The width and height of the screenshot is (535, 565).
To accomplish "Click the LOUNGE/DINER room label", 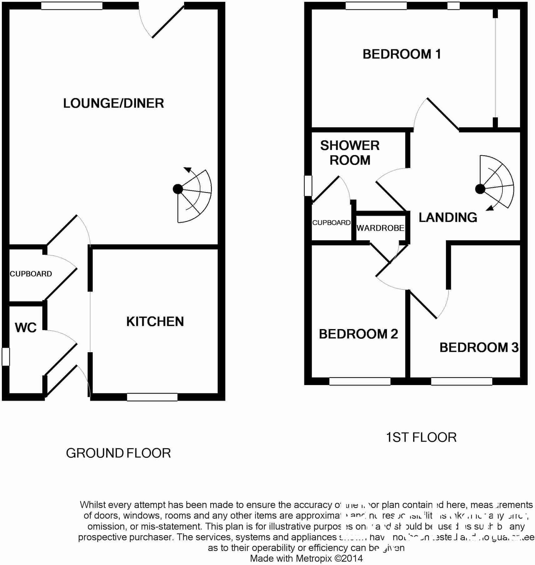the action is [113, 103].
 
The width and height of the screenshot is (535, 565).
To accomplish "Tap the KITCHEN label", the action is [155, 322].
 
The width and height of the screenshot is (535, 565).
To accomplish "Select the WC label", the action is [26, 327].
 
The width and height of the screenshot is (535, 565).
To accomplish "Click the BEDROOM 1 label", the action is [402, 54].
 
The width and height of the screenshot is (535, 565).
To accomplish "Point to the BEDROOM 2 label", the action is [358, 334].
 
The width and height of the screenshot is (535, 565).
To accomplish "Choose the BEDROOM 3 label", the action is [479, 347].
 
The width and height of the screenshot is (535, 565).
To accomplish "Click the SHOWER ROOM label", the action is [350, 153].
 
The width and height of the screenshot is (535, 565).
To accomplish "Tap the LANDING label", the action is [448, 217].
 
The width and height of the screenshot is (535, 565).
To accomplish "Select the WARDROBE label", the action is [380, 228].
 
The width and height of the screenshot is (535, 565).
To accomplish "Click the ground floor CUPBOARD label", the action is [31, 274].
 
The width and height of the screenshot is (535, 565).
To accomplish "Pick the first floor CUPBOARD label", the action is [331, 222].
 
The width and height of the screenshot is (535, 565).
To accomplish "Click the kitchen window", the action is [152, 397].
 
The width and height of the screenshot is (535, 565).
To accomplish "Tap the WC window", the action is [6, 357].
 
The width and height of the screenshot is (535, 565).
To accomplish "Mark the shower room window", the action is [308, 186].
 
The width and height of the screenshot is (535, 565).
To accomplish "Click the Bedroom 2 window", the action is [360, 381].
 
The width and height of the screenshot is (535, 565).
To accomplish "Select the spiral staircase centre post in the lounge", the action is [177, 189].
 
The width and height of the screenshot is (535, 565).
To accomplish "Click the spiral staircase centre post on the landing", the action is [480, 189].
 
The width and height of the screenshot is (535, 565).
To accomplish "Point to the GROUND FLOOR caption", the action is [118, 453].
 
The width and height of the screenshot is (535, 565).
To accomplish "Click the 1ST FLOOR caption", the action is [421, 437].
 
